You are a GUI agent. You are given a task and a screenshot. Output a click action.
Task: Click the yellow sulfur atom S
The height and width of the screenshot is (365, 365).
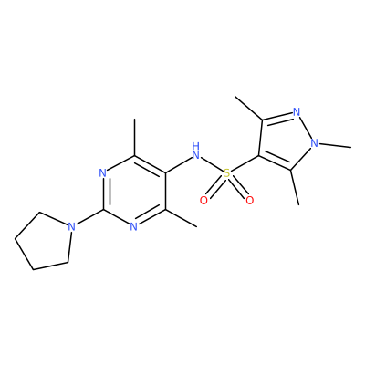[x=226, y=173]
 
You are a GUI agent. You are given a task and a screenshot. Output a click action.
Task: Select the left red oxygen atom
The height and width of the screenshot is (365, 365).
[x=203, y=201]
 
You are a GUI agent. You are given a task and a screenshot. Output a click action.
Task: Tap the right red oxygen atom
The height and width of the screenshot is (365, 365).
[x=249, y=201]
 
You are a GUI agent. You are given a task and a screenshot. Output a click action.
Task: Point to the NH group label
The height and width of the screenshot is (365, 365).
[x=196, y=151]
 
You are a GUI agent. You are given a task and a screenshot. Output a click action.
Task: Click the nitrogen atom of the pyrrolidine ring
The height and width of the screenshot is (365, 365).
[x=71, y=227]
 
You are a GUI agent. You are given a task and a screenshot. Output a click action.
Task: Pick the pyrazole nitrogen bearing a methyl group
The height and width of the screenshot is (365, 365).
[x=314, y=142]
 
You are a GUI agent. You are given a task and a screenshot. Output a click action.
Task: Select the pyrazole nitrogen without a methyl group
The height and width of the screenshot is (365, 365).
[x=297, y=111]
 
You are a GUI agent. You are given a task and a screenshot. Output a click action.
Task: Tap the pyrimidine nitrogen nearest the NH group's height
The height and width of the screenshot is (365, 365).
[x=103, y=173]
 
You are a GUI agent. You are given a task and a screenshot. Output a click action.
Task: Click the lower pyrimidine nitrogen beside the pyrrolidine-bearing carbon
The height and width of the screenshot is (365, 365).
[x=134, y=227]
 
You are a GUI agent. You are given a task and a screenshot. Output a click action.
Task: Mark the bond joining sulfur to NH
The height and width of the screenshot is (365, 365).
[x=212, y=164]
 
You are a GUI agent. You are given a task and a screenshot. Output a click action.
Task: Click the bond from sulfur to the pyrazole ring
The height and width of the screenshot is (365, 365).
[x=245, y=164]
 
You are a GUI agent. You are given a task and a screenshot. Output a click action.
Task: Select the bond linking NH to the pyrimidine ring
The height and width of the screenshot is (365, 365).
[x=178, y=166]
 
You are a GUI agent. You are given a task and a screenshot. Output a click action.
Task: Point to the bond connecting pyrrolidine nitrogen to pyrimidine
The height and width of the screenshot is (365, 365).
[x=89, y=217]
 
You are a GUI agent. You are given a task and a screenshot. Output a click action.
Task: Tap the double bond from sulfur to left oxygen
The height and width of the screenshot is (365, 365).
[x=214, y=188]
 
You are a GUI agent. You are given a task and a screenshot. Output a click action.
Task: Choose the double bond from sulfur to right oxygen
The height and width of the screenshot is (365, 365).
[x=238, y=188]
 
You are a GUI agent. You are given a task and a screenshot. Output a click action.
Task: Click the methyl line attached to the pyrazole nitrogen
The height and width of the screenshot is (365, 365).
[x=335, y=145]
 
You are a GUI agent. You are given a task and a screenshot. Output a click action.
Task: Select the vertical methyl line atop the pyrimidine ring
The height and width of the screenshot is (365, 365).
[x=134, y=138]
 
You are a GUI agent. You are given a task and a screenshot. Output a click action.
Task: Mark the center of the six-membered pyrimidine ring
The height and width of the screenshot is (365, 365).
[x=134, y=192]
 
